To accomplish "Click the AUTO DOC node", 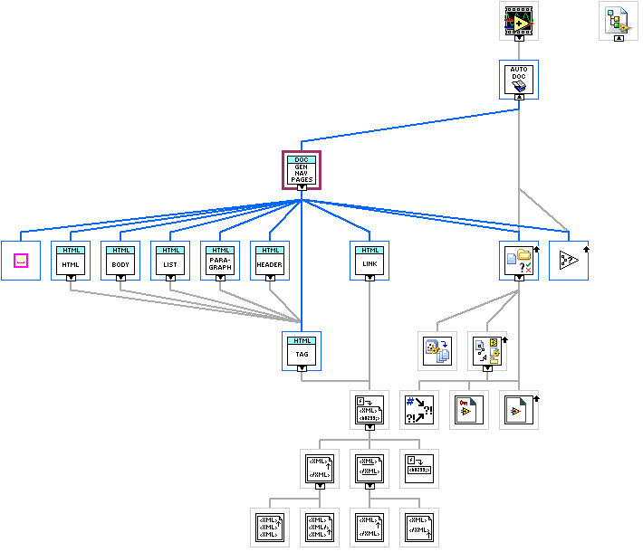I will point(519,79).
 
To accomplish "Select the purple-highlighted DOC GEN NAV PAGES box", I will point(302,169).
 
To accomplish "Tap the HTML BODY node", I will point(120,260).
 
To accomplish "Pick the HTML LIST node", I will point(170,260).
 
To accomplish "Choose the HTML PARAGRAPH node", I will point(220,260).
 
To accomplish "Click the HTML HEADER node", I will point(270,260).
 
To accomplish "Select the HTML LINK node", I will point(369,260).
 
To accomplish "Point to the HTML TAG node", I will point(302,351).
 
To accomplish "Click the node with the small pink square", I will point(21,261).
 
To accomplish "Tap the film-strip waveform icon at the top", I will point(519,17).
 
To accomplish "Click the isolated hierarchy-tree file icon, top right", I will point(619,19).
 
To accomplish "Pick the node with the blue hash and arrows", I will point(419,410).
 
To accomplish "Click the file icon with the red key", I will point(469,410).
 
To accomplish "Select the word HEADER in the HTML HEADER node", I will point(270,263).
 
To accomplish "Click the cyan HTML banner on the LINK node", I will point(369,250).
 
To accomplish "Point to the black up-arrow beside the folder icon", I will point(537,247).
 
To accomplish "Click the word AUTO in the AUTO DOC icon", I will point(519,70).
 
